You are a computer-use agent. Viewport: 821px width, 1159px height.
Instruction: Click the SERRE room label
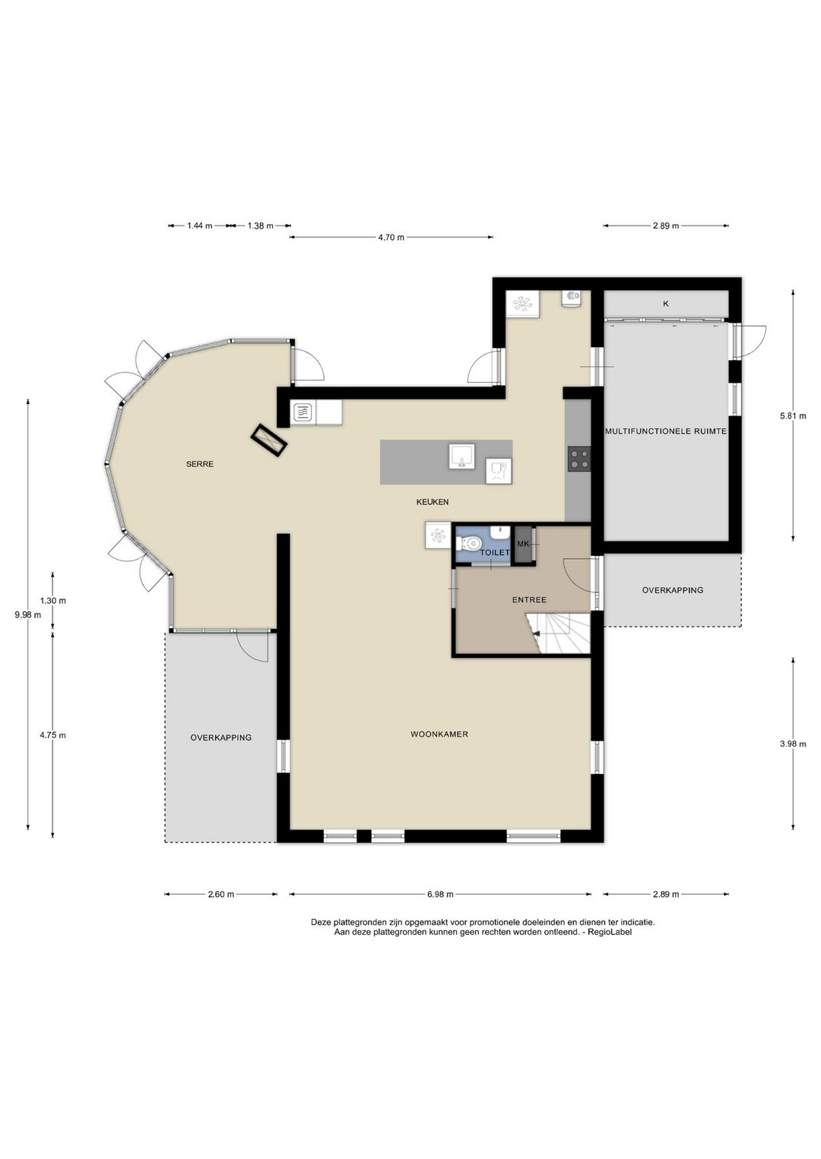(x=199, y=464)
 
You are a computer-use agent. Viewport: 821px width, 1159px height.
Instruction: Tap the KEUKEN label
(x=432, y=502)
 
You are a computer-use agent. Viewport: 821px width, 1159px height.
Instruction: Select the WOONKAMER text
(x=439, y=734)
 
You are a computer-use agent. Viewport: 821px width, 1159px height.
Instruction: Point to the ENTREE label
(x=529, y=600)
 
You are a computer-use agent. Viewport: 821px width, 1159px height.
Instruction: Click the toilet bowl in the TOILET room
(x=470, y=544)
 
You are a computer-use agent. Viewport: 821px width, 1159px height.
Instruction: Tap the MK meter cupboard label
(x=523, y=544)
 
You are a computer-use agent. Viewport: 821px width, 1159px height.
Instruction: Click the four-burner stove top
(x=579, y=459)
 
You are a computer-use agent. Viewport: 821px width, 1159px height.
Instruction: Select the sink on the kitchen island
(x=461, y=456)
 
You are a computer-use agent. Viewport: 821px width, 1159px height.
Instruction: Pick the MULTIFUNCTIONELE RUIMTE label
(x=666, y=431)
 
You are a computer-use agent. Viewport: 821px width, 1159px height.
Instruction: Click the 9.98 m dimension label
(x=27, y=614)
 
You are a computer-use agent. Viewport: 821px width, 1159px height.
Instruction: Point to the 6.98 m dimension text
(x=440, y=894)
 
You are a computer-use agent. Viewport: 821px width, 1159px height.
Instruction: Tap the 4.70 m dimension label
(x=391, y=238)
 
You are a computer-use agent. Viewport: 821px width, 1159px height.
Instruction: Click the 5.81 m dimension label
(x=793, y=415)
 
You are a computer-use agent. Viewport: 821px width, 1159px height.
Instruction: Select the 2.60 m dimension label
(x=221, y=894)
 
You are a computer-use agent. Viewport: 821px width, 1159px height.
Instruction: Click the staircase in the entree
(x=559, y=633)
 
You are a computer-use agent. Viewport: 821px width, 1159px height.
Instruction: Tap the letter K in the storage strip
(x=666, y=304)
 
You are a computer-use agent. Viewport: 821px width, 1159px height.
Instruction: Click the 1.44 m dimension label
(x=200, y=226)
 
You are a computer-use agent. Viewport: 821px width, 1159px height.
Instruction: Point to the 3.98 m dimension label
(x=793, y=744)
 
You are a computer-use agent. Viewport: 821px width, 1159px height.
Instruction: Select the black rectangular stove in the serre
(x=270, y=441)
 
